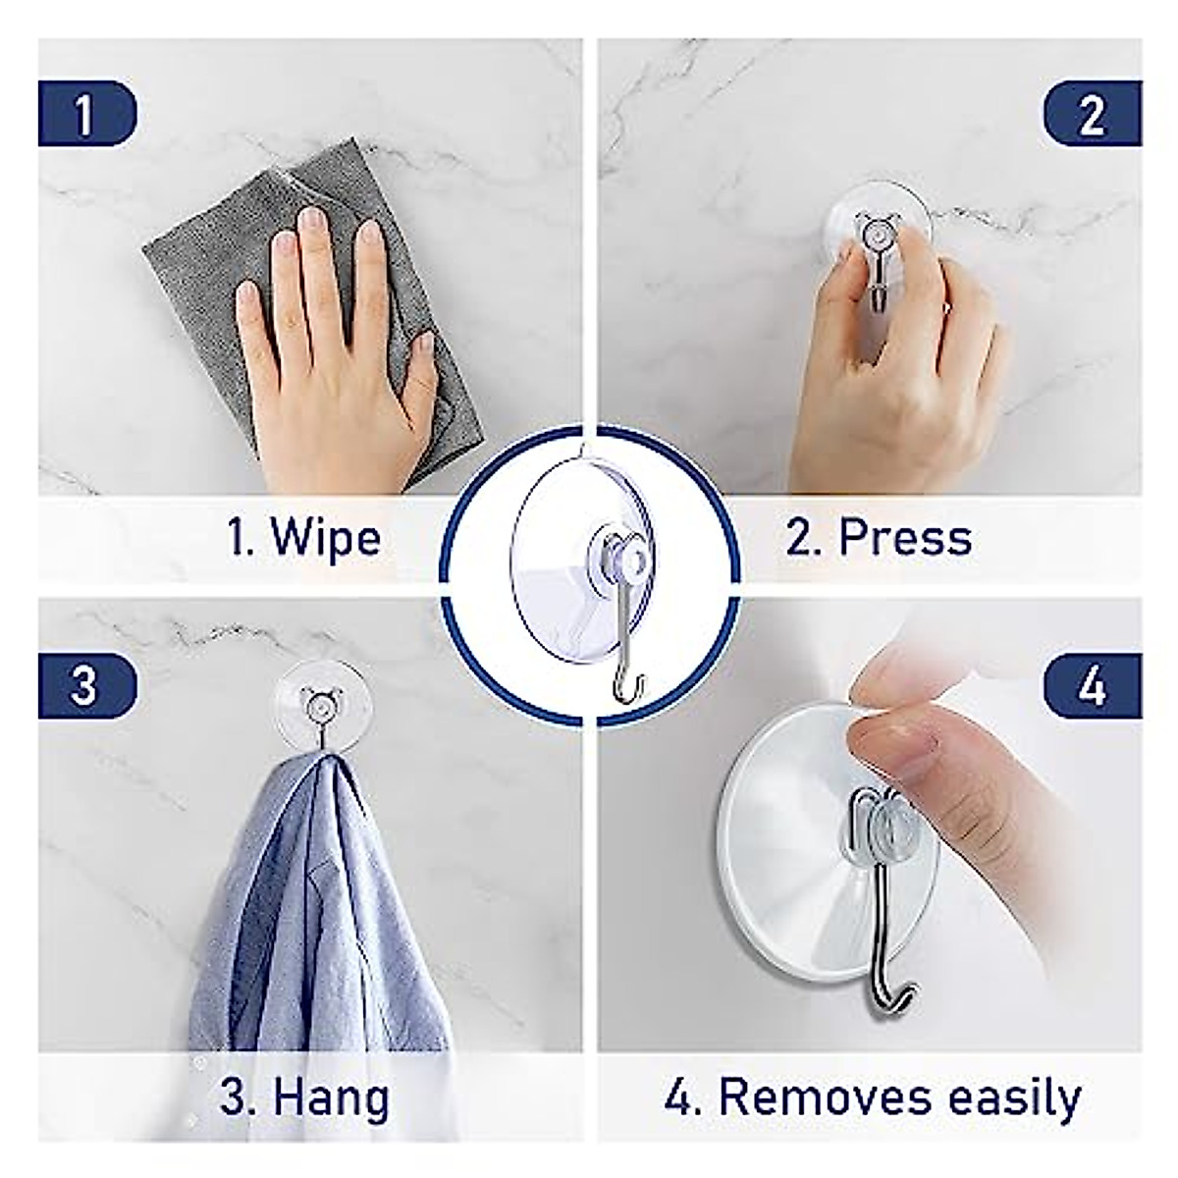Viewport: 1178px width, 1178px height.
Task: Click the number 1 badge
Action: click(86, 114)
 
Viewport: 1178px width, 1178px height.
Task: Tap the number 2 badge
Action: click(1092, 114)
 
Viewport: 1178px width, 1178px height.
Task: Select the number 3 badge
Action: click(86, 683)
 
